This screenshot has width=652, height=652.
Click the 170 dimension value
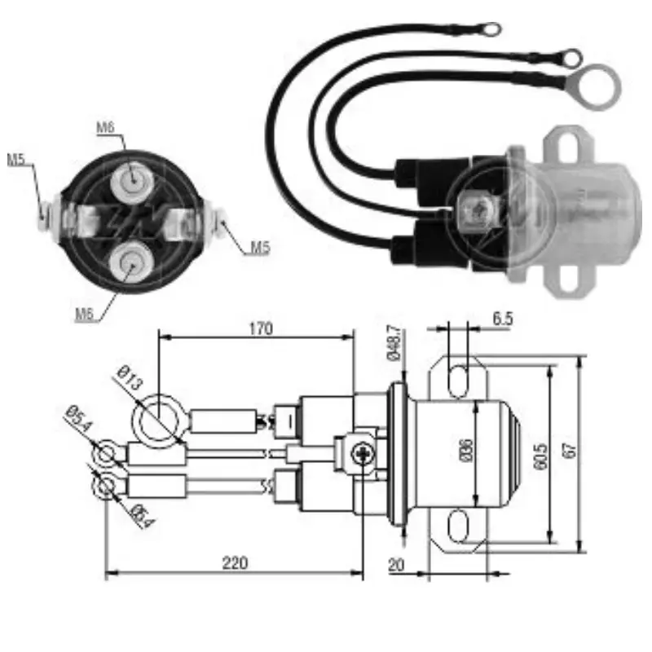pyautogui.click(x=258, y=328)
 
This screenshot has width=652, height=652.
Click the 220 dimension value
pyautogui.click(x=234, y=562)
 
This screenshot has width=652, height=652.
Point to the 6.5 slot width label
pyautogui.click(x=503, y=319)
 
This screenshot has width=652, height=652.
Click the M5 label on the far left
pyautogui.click(x=16, y=160)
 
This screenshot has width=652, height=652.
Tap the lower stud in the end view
pyautogui.click(x=130, y=263)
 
